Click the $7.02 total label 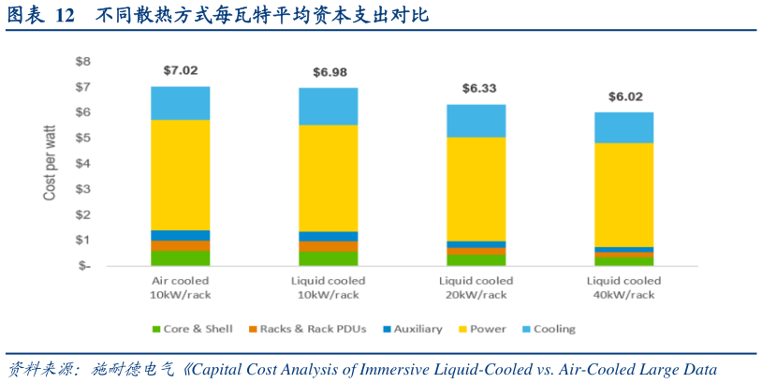click(181, 70)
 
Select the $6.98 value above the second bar click(328, 72)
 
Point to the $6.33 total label click(477, 88)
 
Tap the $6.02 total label click(624, 96)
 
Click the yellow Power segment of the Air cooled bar click(181, 174)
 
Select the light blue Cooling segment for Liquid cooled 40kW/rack click(624, 126)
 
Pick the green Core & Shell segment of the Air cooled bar click(181, 258)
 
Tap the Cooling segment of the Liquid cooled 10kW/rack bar click(328, 106)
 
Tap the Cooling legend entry click(550, 329)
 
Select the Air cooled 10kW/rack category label click(181, 287)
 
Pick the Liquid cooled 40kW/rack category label click(624, 287)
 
